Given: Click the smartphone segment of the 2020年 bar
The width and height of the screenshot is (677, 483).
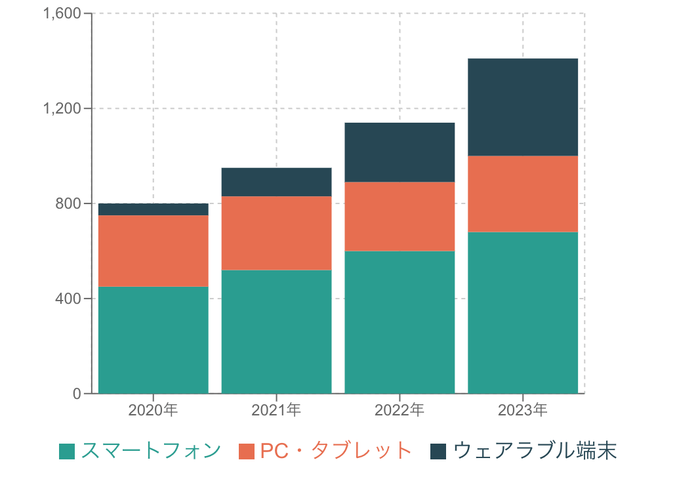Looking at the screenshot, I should (x=153, y=340).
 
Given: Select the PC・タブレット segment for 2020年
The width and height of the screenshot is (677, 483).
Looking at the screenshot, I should (x=153, y=251).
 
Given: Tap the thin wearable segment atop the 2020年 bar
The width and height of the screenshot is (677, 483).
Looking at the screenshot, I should (x=153, y=209).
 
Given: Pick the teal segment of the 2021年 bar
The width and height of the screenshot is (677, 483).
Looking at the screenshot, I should (x=276, y=331).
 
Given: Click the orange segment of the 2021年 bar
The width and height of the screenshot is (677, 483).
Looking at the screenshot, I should (x=276, y=233).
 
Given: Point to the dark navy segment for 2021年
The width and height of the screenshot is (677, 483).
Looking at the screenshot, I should (x=276, y=182).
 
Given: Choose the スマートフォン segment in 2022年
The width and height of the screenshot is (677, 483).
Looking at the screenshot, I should (x=400, y=322).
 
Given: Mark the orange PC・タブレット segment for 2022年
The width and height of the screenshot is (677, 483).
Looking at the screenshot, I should (x=400, y=217).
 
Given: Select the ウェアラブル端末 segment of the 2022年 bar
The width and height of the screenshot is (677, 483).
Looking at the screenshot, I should (x=400, y=152).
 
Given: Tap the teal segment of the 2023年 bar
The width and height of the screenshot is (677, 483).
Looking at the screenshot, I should (x=523, y=312).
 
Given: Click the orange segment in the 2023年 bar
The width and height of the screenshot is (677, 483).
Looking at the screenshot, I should (x=523, y=194).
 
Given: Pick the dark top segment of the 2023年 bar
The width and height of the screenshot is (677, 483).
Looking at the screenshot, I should (x=523, y=108).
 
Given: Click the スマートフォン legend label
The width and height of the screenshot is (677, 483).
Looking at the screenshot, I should (x=151, y=451).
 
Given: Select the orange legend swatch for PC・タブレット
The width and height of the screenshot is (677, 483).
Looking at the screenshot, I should (x=247, y=451).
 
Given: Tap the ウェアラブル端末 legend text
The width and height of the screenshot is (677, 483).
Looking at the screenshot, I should (x=535, y=451).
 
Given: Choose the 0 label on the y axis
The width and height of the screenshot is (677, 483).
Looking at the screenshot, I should (x=77, y=394).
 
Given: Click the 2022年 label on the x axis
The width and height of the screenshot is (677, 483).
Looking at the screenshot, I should (x=400, y=411).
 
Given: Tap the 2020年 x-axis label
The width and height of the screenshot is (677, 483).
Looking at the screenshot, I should (x=153, y=411).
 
